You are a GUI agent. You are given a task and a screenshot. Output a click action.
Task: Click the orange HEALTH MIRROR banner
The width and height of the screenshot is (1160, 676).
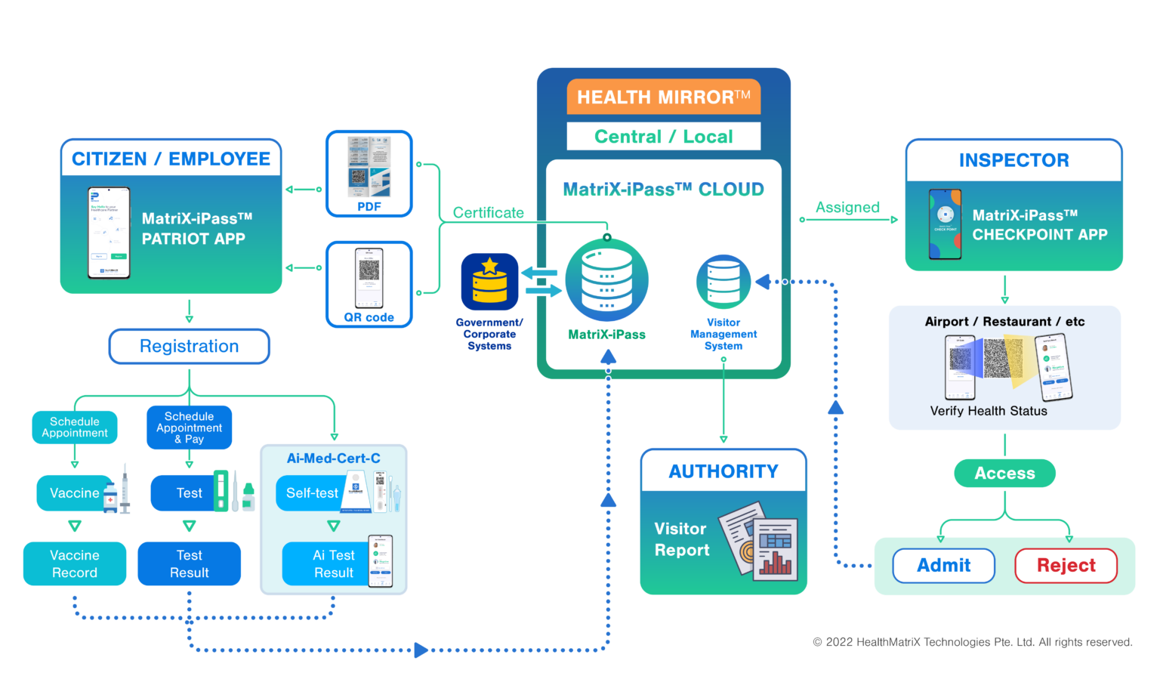[663, 97]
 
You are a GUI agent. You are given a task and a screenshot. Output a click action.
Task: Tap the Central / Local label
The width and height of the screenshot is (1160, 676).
[663, 137]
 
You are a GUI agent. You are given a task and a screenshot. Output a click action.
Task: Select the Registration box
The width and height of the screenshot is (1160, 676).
[189, 347]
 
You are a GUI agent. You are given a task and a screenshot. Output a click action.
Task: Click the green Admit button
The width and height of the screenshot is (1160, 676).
[943, 566]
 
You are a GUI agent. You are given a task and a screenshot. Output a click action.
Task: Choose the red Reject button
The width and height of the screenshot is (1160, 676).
[1066, 566]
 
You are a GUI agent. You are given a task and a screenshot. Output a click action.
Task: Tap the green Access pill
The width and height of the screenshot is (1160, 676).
[1004, 474]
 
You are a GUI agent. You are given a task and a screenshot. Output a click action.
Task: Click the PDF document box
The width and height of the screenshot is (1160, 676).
[369, 174]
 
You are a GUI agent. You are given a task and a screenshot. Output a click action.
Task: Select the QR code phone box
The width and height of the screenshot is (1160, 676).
[369, 284]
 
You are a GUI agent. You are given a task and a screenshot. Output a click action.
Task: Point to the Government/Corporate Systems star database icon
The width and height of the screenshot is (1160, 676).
[489, 282]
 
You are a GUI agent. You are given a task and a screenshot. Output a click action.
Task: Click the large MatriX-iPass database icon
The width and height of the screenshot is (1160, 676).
[606, 280]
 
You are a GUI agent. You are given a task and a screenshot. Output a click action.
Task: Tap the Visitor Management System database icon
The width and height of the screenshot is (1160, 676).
[723, 281]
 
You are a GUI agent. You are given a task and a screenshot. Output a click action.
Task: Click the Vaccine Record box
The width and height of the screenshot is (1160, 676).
[74, 564]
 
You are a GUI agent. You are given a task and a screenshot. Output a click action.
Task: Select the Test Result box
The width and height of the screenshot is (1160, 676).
[189, 564]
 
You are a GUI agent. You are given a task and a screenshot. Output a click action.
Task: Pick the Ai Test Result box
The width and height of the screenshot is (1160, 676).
[334, 564]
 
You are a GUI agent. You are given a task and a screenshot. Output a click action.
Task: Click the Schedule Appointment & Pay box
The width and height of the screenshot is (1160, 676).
[189, 428]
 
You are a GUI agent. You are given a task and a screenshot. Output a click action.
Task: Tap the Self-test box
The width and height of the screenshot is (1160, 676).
[313, 493]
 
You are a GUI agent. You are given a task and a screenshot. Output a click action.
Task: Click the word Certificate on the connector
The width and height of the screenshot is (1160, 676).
[488, 213]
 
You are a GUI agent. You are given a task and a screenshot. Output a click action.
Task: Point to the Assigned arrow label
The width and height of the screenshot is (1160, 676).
[847, 208]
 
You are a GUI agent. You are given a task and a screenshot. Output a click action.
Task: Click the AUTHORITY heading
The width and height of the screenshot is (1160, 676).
[723, 471]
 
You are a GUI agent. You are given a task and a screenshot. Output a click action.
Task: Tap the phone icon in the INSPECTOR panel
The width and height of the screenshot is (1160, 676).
[945, 224]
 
